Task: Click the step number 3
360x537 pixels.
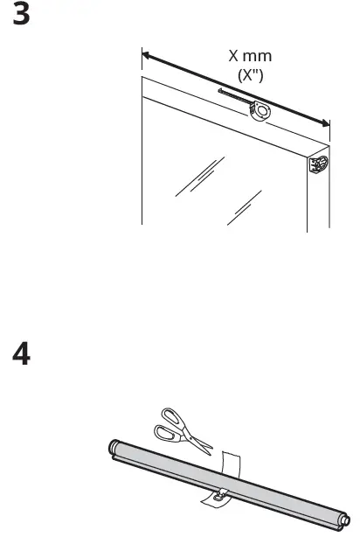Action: [x=21, y=17]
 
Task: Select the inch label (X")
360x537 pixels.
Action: [x=251, y=75]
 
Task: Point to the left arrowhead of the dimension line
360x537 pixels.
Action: [x=146, y=54]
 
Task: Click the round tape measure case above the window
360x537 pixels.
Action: [x=260, y=111]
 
